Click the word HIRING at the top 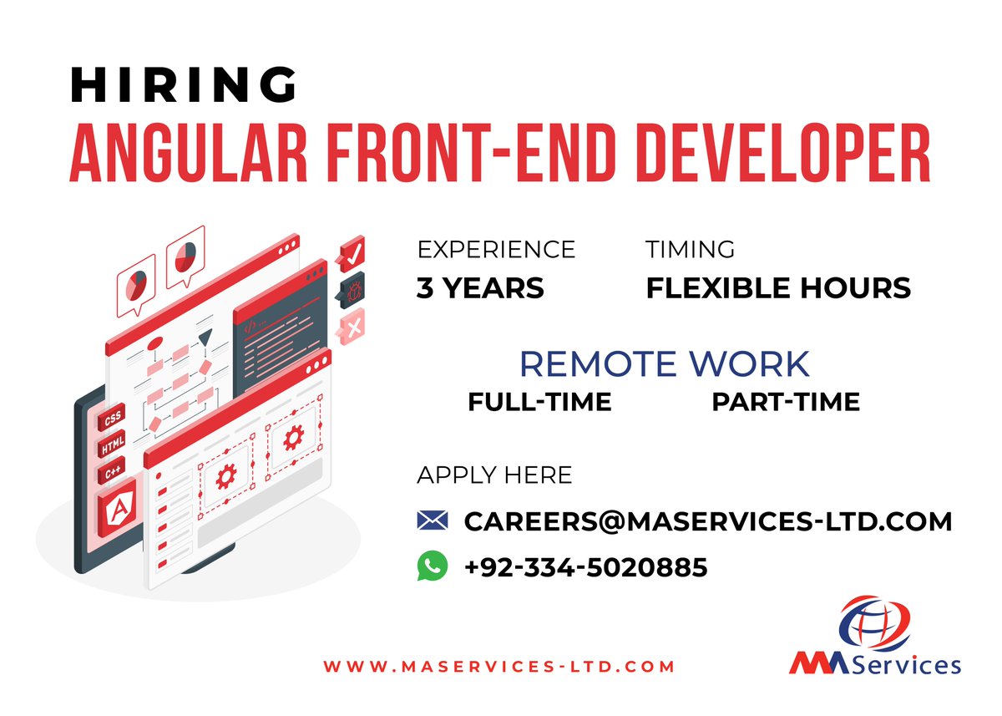point(184,84)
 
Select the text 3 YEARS point(480,288)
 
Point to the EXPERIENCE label point(496,249)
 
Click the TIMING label point(690,249)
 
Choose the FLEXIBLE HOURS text point(778,288)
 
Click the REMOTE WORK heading point(665,364)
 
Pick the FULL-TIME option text point(539,402)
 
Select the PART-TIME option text point(785,402)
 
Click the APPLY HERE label point(494,475)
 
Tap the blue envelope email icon point(433,520)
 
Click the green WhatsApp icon point(433,566)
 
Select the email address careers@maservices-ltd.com point(708,521)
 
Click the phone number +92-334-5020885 point(585,568)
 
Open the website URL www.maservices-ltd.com point(498,666)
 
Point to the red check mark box point(352,251)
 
